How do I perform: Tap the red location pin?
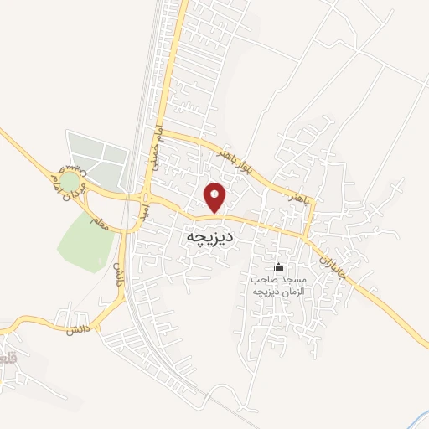pyautogui.click(x=215, y=197)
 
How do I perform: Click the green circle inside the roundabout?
pyautogui.click(x=70, y=181)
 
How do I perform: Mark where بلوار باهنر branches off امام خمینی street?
pyautogui.click(x=163, y=132)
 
